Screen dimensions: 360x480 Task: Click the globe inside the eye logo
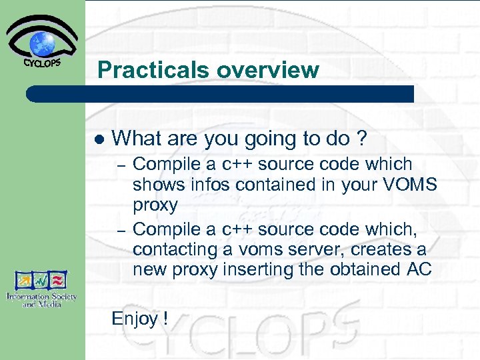43,43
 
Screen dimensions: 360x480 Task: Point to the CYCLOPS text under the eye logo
43,63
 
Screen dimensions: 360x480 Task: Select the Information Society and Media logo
42,289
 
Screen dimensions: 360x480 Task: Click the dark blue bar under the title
220,94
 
